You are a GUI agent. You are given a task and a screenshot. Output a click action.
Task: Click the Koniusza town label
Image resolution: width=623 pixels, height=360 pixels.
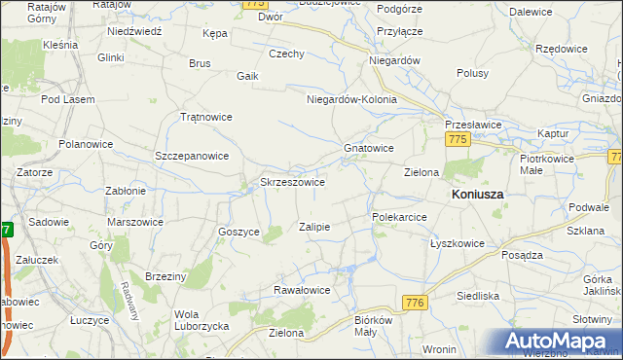click(477, 194)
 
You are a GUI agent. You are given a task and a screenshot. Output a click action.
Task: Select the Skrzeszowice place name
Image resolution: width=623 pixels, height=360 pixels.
click(292, 182)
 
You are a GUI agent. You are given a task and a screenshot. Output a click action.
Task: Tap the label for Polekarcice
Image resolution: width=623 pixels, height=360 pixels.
click(399, 217)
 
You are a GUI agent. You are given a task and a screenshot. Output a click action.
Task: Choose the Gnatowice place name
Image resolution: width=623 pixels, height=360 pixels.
click(368, 148)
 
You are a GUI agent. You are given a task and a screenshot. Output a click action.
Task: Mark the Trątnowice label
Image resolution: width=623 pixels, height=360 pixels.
click(206, 117)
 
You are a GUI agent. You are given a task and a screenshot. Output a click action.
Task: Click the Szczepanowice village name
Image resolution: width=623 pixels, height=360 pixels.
click(192, 156)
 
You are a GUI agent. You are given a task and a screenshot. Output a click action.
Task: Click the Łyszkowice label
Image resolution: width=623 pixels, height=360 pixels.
click(458, 243)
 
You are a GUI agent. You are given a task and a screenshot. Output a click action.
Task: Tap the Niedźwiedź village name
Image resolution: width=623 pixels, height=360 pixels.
click(133, 30)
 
